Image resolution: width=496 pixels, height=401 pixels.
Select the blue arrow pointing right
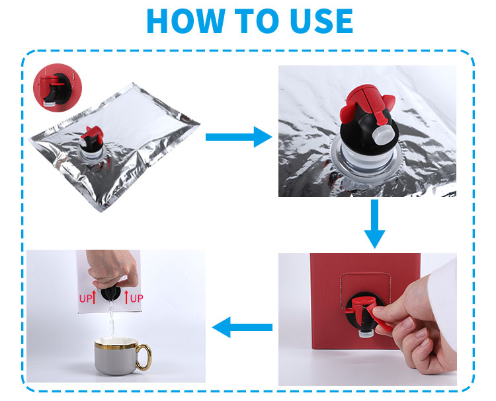[239, 137]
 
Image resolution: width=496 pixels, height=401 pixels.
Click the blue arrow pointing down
[374, 224]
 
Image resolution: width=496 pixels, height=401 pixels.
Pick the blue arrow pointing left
[242, 327]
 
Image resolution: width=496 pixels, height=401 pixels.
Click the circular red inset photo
[58, 87]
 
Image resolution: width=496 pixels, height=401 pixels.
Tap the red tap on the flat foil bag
[92, 137]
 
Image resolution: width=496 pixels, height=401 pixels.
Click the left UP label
[85, 299]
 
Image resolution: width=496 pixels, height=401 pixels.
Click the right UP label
[137, 299]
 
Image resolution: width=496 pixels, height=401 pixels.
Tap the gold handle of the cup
[145, 357]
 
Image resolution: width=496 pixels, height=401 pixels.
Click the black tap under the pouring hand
[110, 293]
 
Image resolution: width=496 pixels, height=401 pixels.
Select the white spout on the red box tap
[366, 334]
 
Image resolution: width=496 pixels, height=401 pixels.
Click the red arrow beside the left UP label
[94, 297]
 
